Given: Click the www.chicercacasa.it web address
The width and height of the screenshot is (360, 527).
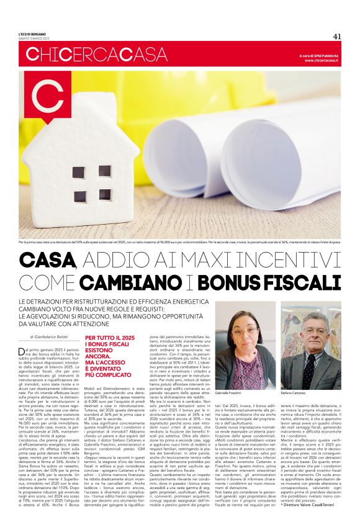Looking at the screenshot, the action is (322, 60).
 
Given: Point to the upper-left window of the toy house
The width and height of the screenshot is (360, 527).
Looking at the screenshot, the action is (79, 172).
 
